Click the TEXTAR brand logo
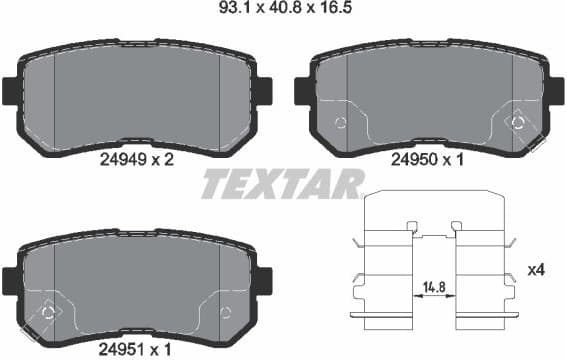click(283, 185)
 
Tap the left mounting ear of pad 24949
click(9, 91)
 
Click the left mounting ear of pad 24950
click(301, 91)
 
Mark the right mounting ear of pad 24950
click(553, 91)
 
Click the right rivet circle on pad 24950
click(517, 122)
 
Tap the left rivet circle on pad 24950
click(339, 123)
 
